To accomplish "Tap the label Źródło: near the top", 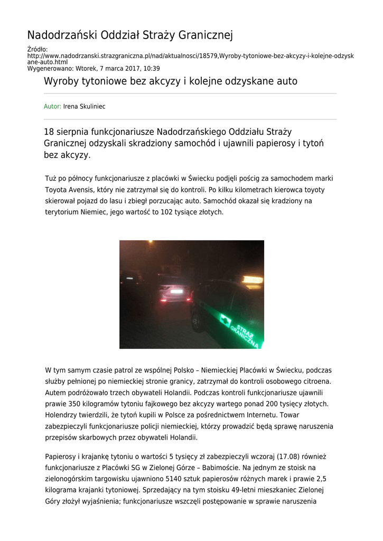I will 38,49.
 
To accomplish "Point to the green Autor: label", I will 52,107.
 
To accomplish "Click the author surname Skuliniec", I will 92,107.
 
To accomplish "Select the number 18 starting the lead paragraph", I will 49,132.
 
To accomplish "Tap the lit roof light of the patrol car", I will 253,280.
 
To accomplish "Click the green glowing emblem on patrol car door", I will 226,320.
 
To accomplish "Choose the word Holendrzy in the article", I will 61,415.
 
